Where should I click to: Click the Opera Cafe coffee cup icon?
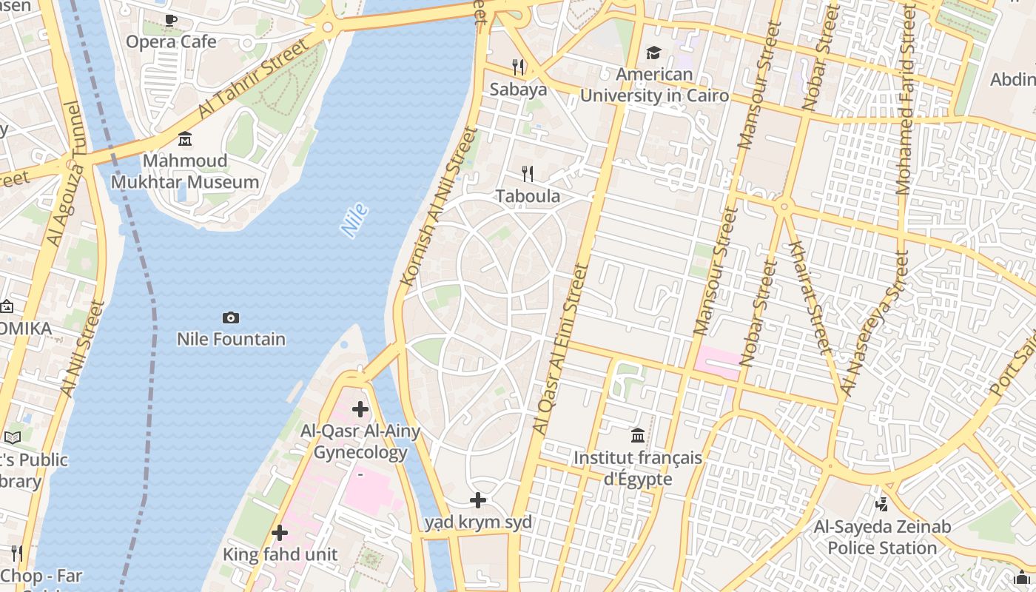[171, 21]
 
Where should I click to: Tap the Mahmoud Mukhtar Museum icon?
[185, 138]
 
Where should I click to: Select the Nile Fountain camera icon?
[231, 317]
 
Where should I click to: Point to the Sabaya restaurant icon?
[518, 67]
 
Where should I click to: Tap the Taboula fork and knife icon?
[528, 174]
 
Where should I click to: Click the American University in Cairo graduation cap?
[653, 53]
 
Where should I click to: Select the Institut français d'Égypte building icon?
[638, 435]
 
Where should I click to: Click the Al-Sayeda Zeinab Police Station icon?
[881, 505]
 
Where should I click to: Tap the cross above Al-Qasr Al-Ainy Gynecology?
[360, 408]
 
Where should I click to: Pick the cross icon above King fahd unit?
[280, 532]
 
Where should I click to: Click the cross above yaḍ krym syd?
[478, 500]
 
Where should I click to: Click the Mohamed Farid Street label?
[906, 100]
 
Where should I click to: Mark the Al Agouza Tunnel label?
[66, 174]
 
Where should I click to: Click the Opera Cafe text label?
[171, 42]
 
